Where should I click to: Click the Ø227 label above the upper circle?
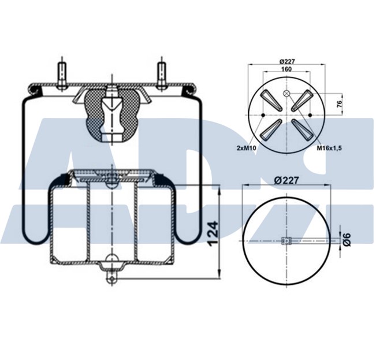[287, 61]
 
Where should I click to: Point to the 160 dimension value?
[285, 69]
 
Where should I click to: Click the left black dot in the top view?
[263, 116]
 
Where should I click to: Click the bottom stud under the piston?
[110, 276]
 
